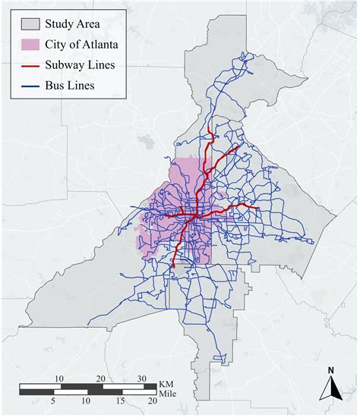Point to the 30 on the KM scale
coord(142,378)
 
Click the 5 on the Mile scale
coord(53,400)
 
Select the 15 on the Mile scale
coord(120,400)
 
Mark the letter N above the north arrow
coord(330,371)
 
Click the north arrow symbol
coord(330,389)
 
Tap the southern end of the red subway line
coord(175,267)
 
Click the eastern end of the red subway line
coord(259,206)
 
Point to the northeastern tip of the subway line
coord(239,146)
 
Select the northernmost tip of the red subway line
coord(210,131)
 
